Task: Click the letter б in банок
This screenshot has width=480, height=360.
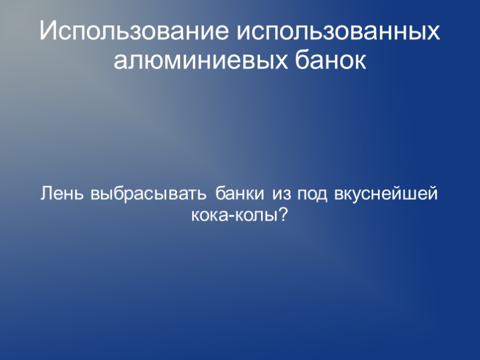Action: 300,61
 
